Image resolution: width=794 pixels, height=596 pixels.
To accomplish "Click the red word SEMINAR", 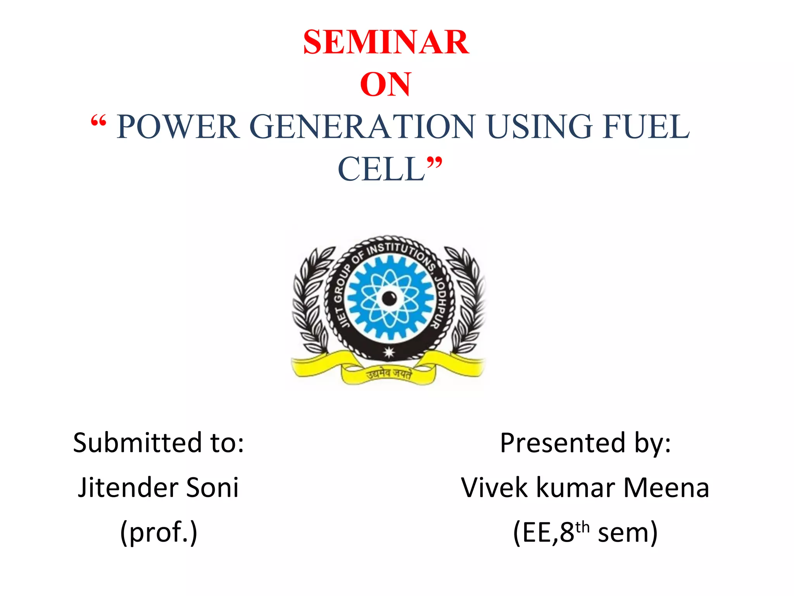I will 386,42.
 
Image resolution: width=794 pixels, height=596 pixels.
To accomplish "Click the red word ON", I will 385,85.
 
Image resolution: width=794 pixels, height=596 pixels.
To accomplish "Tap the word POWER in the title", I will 178,127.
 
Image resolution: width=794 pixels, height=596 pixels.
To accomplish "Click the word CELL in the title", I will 382,170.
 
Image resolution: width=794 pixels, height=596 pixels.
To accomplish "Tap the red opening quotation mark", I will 98,122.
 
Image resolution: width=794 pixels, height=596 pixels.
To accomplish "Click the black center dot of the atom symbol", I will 389,298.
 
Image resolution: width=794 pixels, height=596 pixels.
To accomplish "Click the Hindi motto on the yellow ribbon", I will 389,374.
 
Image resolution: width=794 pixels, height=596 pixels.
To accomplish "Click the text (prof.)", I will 159,532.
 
